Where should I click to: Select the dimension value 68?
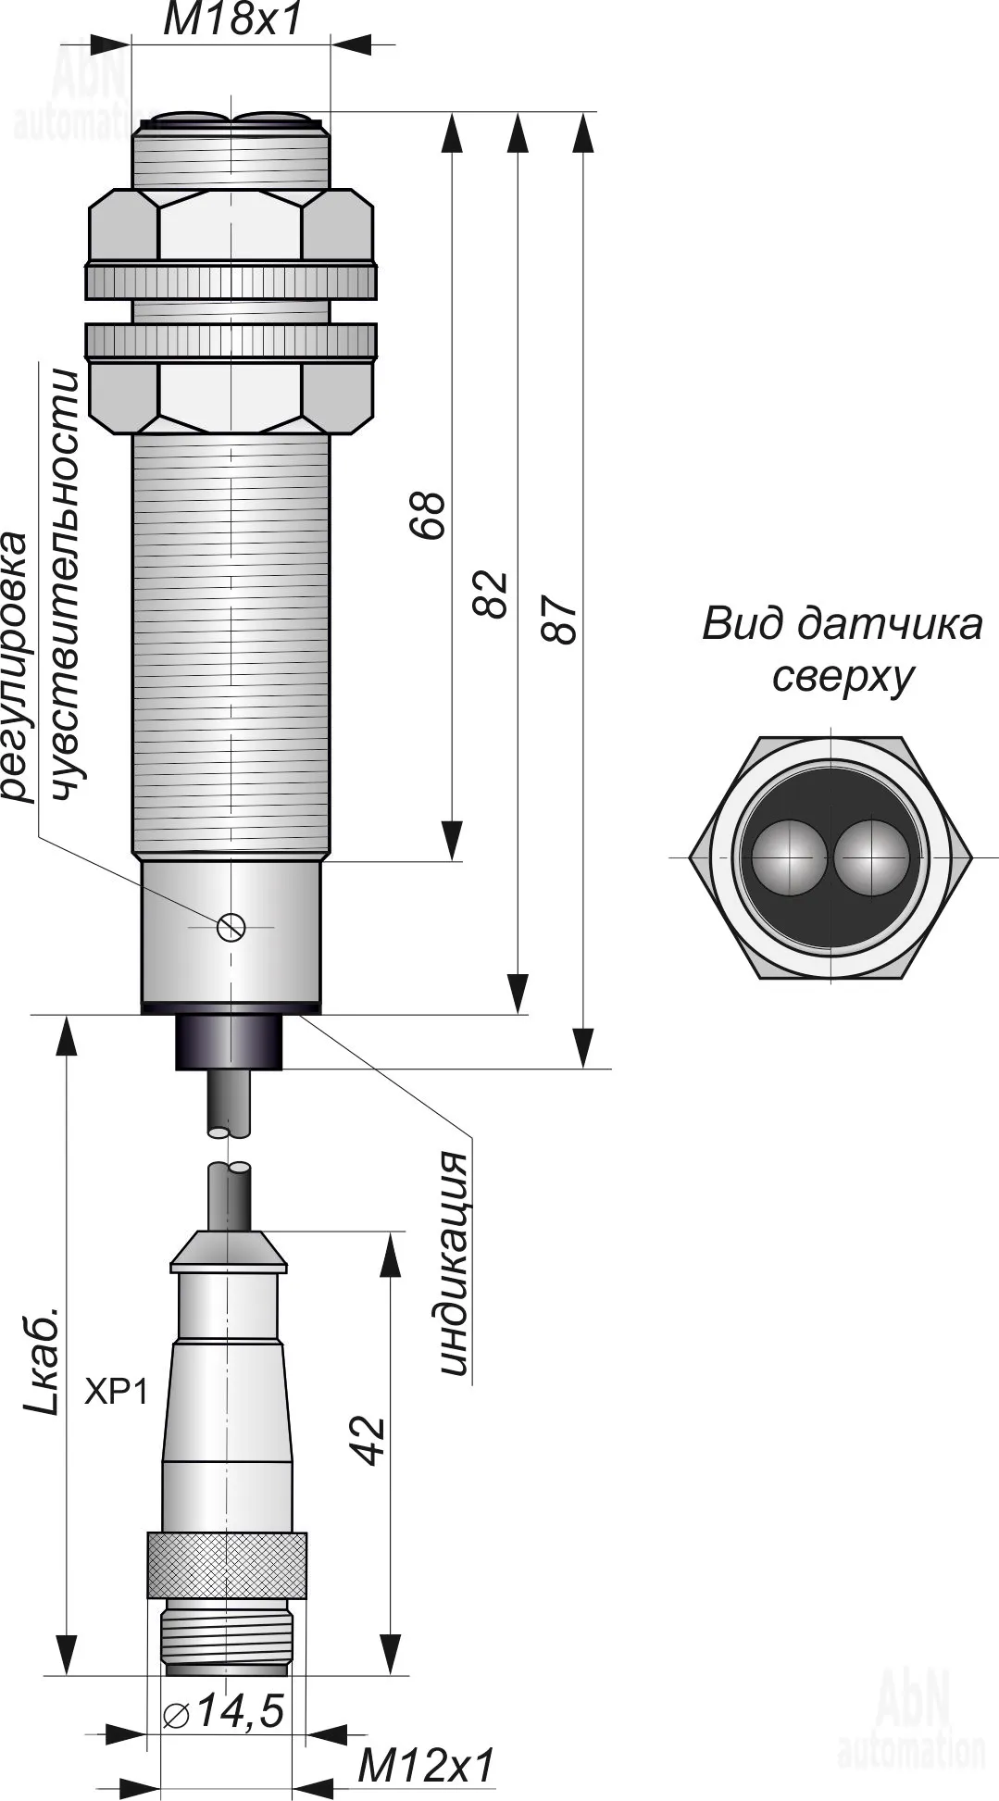click(x=428, y=514)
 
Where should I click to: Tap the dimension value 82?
click(x=491, y=594)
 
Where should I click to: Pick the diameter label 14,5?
click(x=223, y=1712)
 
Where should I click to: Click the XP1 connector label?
click(x=116, y=1392)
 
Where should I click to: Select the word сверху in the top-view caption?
click(x=843, y=678)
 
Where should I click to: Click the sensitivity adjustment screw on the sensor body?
click(x=231, y=925)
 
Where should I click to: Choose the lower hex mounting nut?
click(x=231, y=396)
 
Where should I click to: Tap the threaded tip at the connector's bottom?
click(x=227, y=1640)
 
